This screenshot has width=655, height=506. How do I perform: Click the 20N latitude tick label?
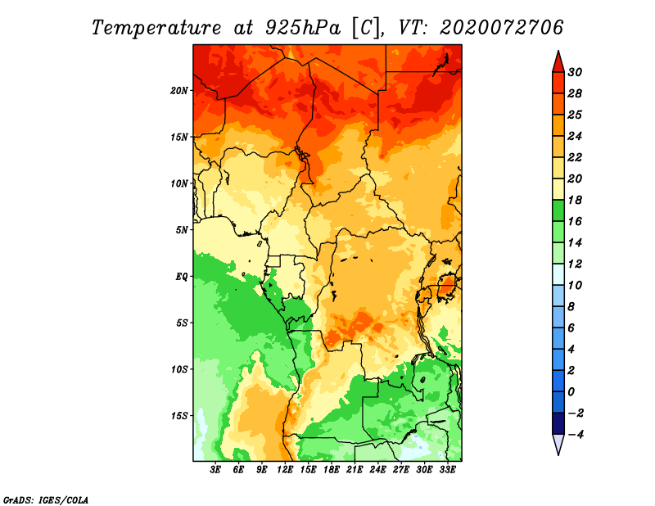pos(178,91)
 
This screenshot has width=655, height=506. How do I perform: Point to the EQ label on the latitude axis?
pos(181,277)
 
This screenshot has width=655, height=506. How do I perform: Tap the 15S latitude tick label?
pos(178,416)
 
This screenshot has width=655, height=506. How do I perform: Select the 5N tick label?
pos(182,230)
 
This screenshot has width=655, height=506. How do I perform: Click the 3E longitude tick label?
pos(215,470)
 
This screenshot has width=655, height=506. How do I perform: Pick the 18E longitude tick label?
pos(332,470)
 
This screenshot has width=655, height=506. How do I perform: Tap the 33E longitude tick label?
pos(447,470)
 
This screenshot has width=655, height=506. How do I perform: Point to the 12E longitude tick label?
pos(285,470)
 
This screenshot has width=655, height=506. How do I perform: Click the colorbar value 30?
pos(575,72)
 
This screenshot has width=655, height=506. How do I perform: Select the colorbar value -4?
pos(575,435)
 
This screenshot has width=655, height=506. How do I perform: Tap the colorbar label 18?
pos(575,200)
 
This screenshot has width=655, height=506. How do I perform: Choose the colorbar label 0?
pos(571,392)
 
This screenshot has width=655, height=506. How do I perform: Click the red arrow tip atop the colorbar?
pos(558,51)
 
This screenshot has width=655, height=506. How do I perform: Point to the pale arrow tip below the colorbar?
pos(558,454)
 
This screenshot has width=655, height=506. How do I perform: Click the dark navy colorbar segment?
pos(558,423)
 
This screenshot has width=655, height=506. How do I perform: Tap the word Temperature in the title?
pos(156,28)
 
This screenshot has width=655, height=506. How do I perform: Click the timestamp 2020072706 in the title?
pos(502,28)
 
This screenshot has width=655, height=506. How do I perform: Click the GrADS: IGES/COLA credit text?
pos(46,500)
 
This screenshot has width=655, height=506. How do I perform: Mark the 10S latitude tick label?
pos(178,370)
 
